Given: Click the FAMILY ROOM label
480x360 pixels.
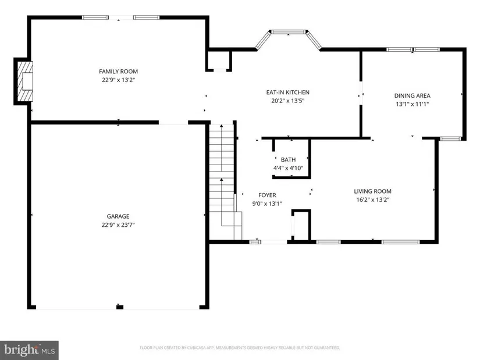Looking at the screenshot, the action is click(118, 72).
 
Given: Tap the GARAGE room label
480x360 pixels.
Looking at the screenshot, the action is click(118, 216).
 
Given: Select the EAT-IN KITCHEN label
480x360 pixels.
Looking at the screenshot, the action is click(288, 92).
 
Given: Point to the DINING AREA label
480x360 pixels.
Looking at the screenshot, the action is click(412, 95).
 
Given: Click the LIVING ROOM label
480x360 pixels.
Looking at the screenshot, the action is click(372, 191).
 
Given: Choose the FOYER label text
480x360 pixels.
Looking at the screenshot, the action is click(267, 195).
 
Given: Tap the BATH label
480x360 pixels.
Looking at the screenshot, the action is click(288, 159).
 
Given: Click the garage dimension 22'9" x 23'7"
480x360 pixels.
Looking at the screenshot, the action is click(118, 224).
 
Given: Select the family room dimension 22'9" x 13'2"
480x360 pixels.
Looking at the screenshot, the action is click(119, 80).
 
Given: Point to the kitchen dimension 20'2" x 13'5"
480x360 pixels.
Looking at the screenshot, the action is click(288, 101).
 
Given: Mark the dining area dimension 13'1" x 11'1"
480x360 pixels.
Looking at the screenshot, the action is click(412, 104).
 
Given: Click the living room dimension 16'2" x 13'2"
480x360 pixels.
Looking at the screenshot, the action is click(372, 200).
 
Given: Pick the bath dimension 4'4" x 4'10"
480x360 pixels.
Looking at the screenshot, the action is click(288, 168).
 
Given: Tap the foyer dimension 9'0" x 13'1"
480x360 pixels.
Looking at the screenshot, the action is click(267, 204).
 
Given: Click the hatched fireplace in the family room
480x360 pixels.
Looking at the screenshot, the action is click(25, 81).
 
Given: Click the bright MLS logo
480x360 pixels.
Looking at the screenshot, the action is click(29, 350).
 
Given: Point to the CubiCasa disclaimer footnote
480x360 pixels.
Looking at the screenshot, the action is click(240, 348).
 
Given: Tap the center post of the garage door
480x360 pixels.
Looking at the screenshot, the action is click(120, 307).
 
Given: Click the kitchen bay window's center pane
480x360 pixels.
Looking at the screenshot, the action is click(289, 31).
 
